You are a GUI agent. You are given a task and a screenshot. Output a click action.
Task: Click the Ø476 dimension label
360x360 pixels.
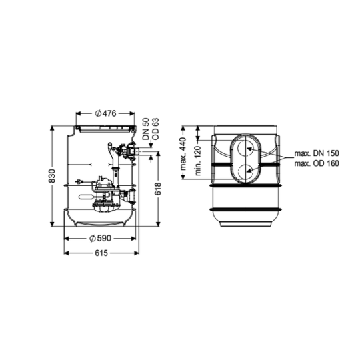(x=105, y=113)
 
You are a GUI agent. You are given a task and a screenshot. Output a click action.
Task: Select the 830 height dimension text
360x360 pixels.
(x=52, y=176)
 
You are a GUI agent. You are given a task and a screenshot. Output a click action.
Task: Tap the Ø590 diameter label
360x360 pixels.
(x=100, y=238)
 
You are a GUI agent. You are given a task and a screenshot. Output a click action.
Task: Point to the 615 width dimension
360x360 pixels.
(x=101, y=253)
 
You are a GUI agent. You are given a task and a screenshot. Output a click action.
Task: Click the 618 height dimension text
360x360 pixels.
(x=158, y=189)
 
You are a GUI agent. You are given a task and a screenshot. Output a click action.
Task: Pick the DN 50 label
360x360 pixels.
(x=146, y=129)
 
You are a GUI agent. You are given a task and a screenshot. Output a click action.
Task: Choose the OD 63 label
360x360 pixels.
(x=155, y=129)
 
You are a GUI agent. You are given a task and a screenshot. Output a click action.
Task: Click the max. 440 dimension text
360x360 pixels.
(x=183, y=154)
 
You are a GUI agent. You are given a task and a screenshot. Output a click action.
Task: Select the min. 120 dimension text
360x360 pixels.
(x=198, y=161)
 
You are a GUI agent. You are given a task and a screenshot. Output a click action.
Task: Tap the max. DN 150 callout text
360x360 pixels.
(x=317, y=153)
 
